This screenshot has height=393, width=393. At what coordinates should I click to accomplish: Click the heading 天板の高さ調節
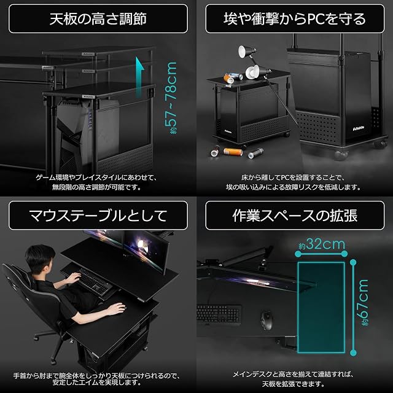98,19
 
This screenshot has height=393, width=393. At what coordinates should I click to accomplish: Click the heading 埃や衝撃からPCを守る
295,19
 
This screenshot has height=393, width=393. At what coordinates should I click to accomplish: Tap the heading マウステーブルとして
98,216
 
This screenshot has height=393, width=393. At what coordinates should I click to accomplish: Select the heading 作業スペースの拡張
295,216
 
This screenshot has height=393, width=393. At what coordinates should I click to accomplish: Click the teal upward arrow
140,78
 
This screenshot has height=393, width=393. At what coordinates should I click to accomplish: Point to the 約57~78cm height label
171,98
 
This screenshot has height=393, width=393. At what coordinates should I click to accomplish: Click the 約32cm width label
322,244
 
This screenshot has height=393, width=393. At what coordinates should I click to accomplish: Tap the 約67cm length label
362,303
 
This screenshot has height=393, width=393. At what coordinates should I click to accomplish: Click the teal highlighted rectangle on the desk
321,308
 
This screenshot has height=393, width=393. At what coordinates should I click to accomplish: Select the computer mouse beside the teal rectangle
266,321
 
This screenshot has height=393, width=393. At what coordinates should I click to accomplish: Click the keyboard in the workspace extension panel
219,314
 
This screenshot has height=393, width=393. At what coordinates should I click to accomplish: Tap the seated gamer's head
40,259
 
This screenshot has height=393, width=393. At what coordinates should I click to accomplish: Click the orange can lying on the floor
233,152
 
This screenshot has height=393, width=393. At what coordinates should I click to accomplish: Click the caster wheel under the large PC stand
341,155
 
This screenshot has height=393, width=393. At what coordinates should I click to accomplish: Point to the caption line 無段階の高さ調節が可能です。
96,187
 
